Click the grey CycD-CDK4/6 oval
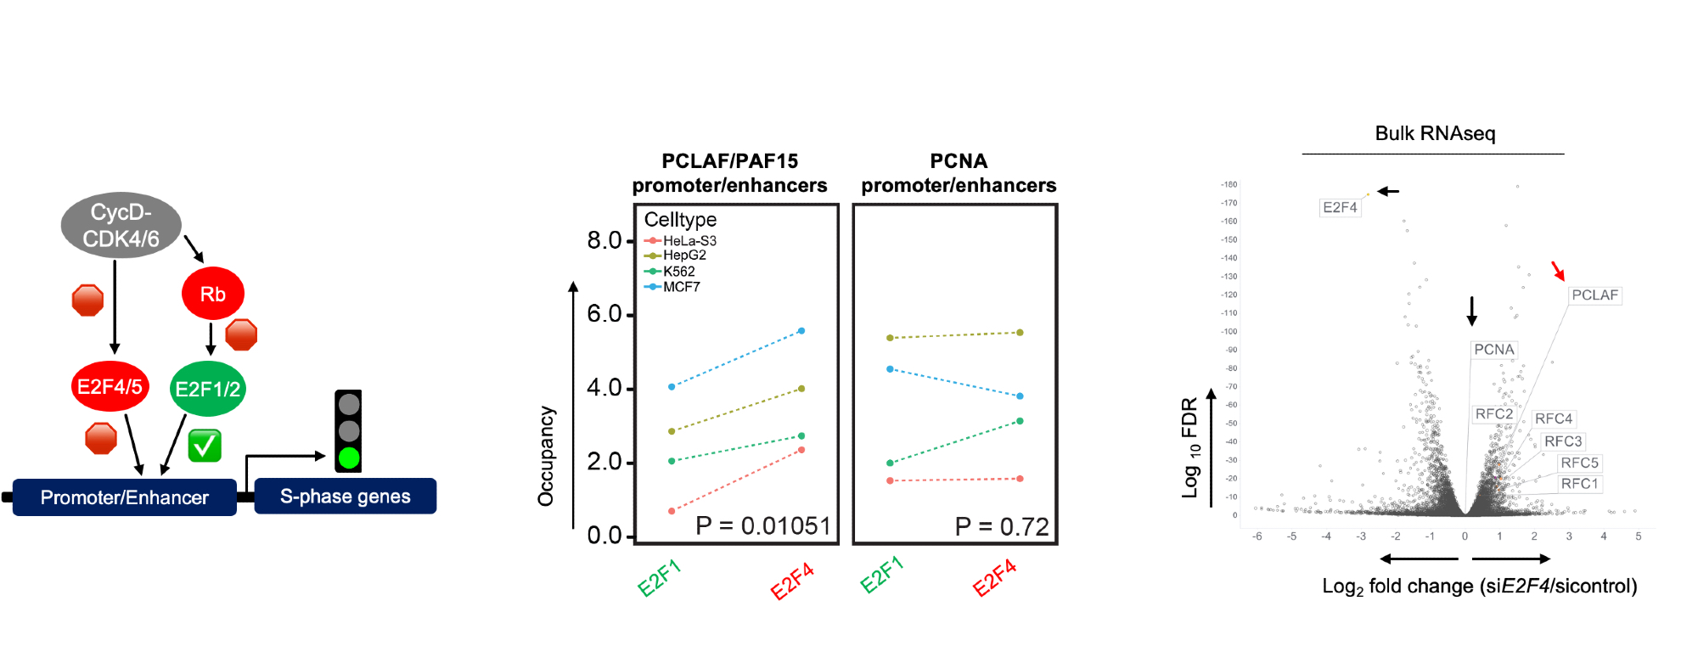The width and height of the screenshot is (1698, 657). [x=121, y=225]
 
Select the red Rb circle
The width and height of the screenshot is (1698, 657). [x=212, y=294]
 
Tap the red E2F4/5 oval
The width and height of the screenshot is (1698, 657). [x=110, y=386]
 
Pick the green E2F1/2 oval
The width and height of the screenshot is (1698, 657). [x=207, y=389]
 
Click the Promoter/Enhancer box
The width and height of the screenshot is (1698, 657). [x=124, y=497]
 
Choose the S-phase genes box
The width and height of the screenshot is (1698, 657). [x=345, y=497]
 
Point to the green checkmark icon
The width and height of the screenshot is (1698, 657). [x=205, y=446]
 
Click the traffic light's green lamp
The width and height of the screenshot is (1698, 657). [x=348, y=458]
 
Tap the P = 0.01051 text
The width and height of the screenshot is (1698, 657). [x=762, y=526]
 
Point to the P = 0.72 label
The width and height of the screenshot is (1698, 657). [x=1002, y=527]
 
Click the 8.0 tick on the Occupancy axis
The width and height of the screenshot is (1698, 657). [x=604, y=241]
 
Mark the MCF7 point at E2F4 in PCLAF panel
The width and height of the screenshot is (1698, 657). [x=801, y=331]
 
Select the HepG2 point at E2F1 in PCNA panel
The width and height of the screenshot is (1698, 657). [x=890, y=338]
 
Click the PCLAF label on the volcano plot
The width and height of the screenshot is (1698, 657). [x=1594, y=295]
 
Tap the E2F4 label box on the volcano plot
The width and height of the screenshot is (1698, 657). [x=1340, y=207]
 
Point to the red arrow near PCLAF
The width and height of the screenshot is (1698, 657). [x=1558, y=271]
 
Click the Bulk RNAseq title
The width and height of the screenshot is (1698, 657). [x=1435, y=133]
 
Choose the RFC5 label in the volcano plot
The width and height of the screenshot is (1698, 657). [x=1579, y=463]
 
